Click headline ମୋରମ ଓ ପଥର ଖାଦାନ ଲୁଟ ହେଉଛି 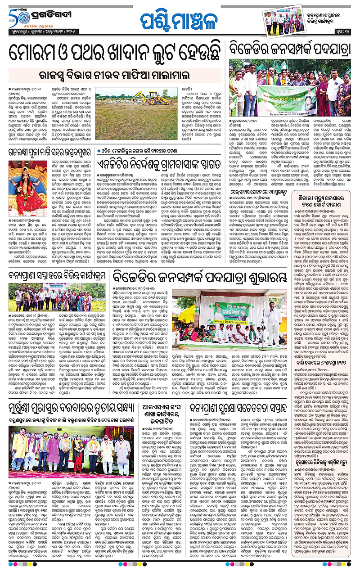coord(112,53)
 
